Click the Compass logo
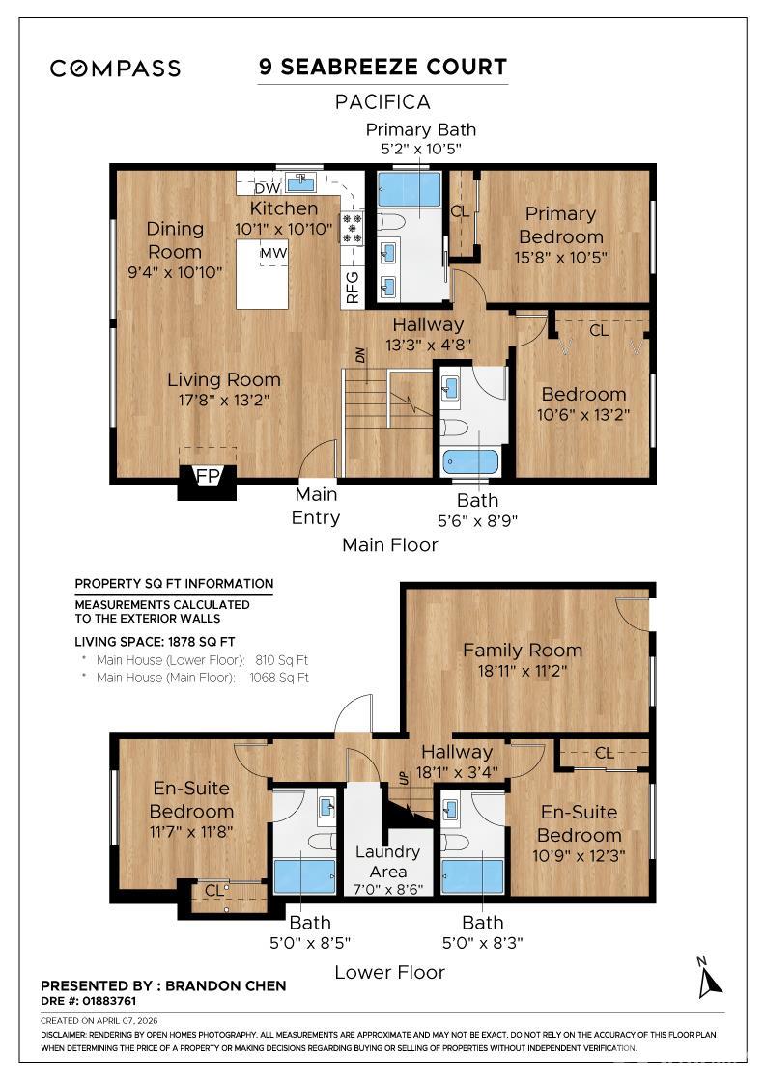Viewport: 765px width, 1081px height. (x=115, y=69)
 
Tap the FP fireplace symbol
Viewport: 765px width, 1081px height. (x=207, y=477)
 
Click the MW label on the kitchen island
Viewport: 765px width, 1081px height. (x=272, y=253)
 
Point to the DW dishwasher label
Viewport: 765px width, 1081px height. (x=253, y=189)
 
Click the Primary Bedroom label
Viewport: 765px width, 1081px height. (x=560, y=225)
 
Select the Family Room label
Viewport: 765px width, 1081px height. (x=522, y=650)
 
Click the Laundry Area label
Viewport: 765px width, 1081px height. (x=387, y=861)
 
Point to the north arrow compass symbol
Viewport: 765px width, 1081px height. (x=711, y=977)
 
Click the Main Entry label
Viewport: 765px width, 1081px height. (x=316, y=506)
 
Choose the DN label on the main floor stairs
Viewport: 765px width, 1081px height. (x=360, y=356)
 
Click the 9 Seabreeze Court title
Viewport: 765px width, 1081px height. (x=382, y=67)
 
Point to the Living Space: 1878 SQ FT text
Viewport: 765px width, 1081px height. (x=155, y=641)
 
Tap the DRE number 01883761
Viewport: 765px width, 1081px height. (x=88, y=1001)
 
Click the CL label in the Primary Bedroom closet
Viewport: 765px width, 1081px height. (x=460, y=211)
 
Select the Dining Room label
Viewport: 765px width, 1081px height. (x=175, y=239)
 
